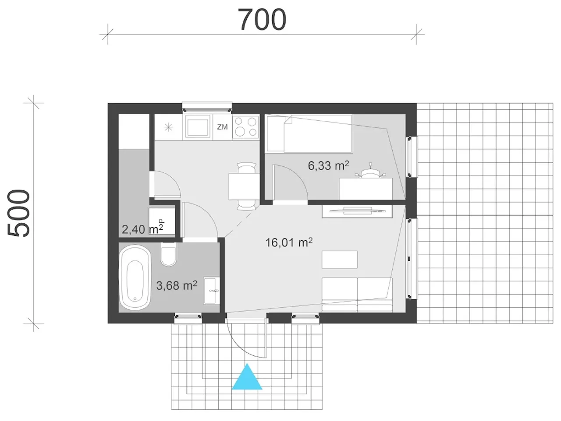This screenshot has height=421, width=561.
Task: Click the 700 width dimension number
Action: (x=262, y=20)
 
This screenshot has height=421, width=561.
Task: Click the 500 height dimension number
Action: (x=19, y=213)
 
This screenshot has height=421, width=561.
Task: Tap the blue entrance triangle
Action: (x=247, y=377)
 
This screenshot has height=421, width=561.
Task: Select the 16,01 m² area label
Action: (x=289, y=242)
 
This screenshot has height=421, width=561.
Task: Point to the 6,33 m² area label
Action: (x=328, y=165)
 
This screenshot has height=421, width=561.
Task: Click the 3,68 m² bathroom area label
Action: (x=177, y=285)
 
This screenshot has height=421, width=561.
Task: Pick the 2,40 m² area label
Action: (x=142, y=229)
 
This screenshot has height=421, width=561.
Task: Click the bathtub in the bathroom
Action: (x=135, y=277)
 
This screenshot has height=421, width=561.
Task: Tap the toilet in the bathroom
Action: (x=168, y=254)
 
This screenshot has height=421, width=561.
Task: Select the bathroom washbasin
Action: (x=212, y=291)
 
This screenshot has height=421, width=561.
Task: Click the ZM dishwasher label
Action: (x=222, y=127)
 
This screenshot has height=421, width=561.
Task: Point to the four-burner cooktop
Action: (x=246, y=127)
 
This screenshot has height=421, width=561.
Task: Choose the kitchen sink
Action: (x=198, y=126)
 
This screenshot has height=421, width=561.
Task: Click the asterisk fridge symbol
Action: (x=168, y=127)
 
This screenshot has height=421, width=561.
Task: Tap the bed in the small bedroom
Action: (x=309, y=134)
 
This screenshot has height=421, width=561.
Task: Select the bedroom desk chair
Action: (x=370, y=172)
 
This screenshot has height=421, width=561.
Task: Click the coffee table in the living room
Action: (x=339, y=260)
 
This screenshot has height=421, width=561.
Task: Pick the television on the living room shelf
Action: (x=357, y=210)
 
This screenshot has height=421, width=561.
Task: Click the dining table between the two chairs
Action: (x=244, y=186)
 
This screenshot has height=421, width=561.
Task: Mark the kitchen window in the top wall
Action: (x=207, y=107)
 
